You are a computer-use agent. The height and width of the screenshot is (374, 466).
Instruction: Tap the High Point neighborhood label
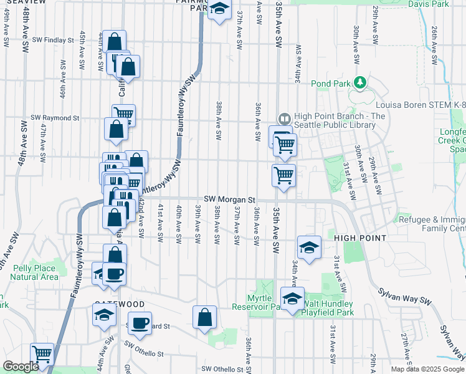pyautogui.click(x=361, y=238)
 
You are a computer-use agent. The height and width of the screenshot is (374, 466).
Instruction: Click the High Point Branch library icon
pyautogui.click(x=284, y=118)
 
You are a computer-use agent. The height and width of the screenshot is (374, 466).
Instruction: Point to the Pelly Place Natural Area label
pyautogui.click(x=36, y=272)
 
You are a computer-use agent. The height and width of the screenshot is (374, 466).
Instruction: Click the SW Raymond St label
pyautogui.click(x=56, y=117)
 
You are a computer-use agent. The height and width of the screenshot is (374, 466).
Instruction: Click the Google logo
pyautogui.click(x=21, y=367)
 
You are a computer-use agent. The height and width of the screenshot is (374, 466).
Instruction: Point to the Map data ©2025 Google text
pyautogui.click(x=427, y=369)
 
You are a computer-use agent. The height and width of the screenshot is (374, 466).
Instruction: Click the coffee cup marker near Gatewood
pyautogui.click(x=113, y=273)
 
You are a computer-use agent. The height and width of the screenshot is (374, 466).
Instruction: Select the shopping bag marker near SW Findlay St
pyautogui.click(x=115, y=42)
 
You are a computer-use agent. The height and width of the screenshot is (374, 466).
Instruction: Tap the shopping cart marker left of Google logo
pyautogui.click(x=42, y=354)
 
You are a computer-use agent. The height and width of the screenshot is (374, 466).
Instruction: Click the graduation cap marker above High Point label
pyautogui.click(x=309, y=247)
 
